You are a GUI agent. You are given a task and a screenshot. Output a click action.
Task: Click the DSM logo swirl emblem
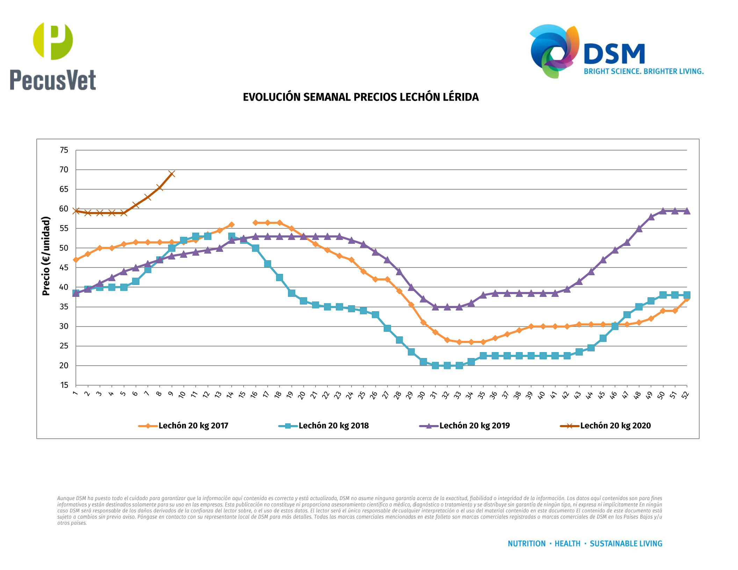pos(554,51)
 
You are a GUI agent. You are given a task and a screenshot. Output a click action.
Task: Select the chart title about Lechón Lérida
pos(361,97)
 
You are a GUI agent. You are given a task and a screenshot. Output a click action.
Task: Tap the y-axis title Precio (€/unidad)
pos(46,256)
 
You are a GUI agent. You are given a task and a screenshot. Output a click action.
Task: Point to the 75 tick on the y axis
pos(64,150)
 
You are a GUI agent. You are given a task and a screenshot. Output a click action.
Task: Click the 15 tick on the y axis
pos(64,385)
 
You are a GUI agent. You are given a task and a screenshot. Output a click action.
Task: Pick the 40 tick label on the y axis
pos(64,287)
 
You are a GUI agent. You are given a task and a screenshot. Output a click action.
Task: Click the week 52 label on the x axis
pos(685,395)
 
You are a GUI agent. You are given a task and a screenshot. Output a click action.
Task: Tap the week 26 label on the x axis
pos(374,395)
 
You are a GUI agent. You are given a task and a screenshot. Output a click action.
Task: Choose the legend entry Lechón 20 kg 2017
pos(193,426)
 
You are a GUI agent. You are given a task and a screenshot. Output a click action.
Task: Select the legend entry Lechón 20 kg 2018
pos(333,426)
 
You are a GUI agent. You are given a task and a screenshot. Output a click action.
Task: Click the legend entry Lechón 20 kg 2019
pos(474,426)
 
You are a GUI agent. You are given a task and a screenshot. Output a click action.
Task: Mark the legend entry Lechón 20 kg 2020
pos(615,426)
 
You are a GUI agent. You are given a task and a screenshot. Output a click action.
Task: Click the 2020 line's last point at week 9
pos(172,174)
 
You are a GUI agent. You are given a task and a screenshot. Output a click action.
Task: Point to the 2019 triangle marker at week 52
pos(687,211)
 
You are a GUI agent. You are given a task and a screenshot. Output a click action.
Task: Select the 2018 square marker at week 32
pos(447,365)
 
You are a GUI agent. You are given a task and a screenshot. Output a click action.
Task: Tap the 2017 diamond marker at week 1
pos(76,260)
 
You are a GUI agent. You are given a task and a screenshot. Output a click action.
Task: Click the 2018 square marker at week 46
pos(615,326)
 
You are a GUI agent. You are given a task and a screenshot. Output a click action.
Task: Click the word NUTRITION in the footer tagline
pos(527,544)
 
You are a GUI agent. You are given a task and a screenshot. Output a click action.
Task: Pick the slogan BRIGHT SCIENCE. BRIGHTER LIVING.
pos(644,72)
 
